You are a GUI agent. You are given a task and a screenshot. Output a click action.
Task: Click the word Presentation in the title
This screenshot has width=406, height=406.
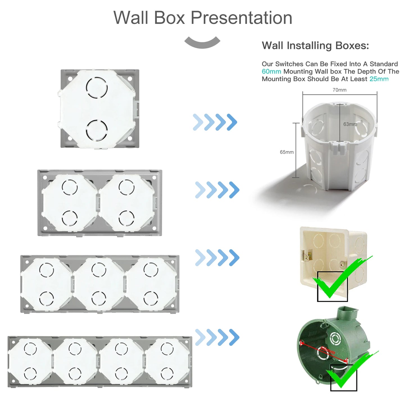tap(241, 18)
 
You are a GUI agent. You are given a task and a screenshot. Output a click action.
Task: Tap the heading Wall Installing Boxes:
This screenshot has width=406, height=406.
tap(315, 46)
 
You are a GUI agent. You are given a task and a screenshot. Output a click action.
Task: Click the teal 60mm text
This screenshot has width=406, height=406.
tap(271, 72)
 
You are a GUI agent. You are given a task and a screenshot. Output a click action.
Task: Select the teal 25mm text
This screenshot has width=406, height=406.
tap(379, 79)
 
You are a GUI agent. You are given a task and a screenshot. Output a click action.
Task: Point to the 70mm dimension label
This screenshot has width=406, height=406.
tap(339, 90)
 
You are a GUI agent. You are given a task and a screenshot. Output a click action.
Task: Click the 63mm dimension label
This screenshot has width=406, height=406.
tap(350, 124)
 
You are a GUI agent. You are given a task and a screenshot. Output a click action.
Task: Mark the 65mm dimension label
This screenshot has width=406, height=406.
tap(287, 152)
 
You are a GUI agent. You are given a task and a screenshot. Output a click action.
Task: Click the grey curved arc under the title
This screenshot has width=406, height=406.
tap(202, 43)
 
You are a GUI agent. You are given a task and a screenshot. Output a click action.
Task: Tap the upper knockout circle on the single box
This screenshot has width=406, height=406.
tap(97, 88)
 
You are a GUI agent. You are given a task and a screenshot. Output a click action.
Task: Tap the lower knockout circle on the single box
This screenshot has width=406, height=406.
tap(97, 130)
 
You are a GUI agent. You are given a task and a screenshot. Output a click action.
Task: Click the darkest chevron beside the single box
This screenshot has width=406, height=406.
tap(232, 122)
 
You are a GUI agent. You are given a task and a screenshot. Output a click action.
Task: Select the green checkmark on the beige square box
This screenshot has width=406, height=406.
tap(340, 278)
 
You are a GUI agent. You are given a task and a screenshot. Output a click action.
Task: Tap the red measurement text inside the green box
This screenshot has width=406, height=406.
tap(328, 350)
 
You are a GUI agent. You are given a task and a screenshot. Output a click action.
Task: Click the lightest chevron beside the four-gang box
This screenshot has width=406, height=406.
tap(200, 337)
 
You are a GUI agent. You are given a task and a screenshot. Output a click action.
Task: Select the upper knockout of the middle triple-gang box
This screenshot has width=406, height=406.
tap(99, 270)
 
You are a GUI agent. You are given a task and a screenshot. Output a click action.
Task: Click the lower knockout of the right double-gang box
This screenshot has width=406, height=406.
tap(126, 218)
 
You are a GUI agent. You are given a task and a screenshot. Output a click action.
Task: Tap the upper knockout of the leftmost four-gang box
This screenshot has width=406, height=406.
tap(30, 349)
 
